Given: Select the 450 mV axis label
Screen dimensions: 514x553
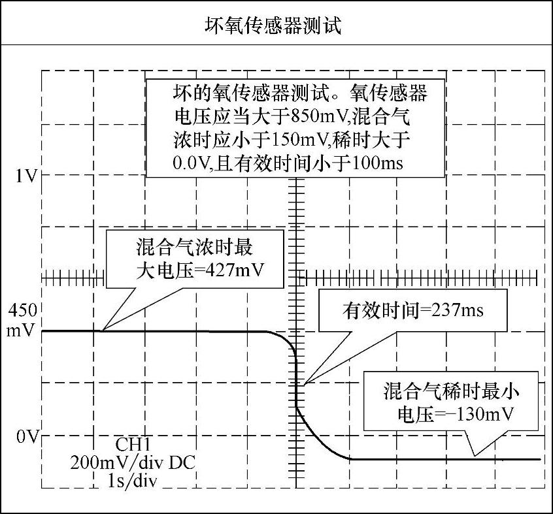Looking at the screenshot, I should (23, 319).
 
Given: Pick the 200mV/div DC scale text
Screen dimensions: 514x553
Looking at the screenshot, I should (133, 463).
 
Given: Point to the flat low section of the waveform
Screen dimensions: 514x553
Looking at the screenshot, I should (444, 459).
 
